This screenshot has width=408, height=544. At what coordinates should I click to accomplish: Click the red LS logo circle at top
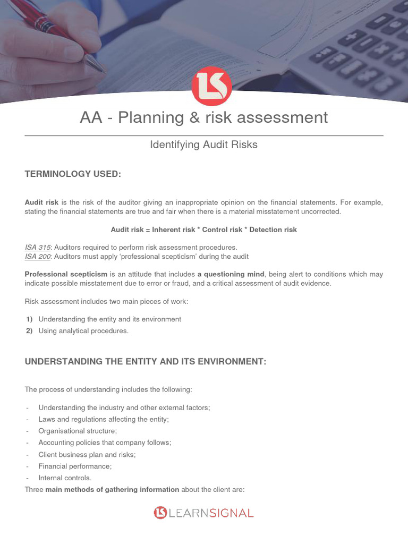211,86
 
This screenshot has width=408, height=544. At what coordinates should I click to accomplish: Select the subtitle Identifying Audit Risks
204,144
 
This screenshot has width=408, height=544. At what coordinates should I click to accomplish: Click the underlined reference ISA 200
37,256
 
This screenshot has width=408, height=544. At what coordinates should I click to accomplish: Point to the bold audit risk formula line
203,229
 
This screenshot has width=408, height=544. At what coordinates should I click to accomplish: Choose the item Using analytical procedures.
83,331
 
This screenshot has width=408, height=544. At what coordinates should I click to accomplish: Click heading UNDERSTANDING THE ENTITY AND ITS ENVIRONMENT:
145,361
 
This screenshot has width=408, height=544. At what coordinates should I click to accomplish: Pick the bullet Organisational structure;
78,431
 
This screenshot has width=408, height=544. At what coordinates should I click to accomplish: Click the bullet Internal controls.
65,478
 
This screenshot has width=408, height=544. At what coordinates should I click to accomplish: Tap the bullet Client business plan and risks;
87,454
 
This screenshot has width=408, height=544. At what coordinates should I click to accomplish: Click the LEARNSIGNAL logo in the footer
204,513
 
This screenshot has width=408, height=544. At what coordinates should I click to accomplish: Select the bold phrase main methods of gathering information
112,489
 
